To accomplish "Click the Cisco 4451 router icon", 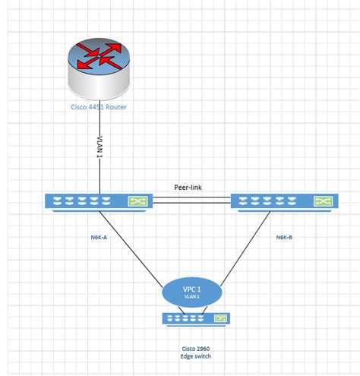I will coord(99,68).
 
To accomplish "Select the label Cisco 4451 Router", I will coord(99,107).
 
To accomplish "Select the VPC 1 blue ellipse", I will coord(192,291).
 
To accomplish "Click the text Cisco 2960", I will coord(194,347).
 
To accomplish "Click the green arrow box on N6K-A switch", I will coord(137,202).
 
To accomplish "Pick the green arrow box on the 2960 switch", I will coord(220,319).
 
